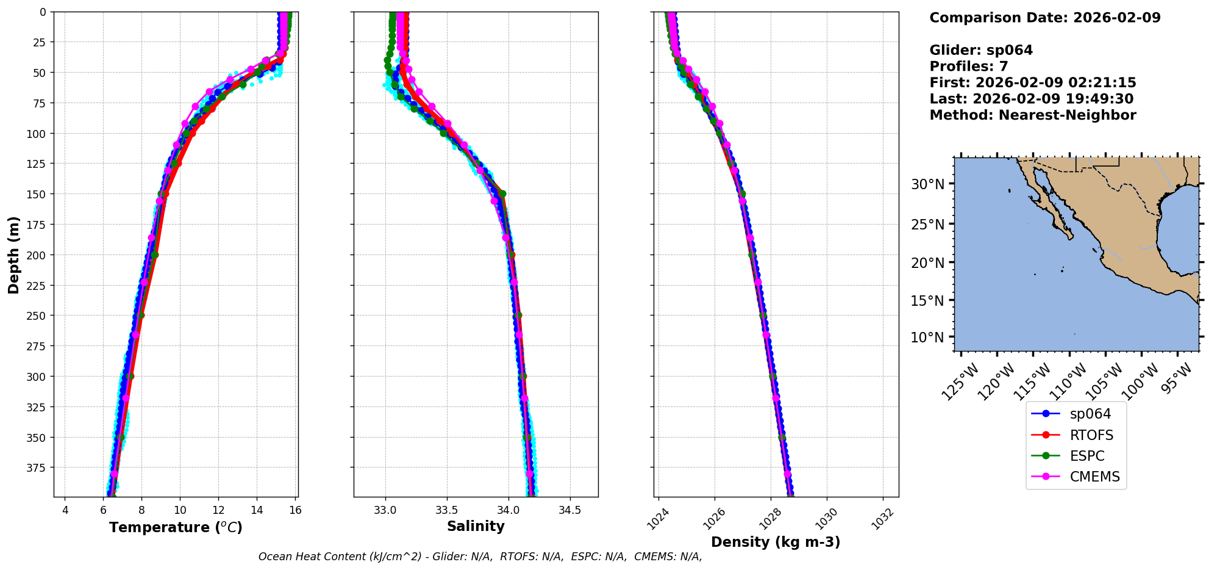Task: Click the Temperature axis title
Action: click(176, 527)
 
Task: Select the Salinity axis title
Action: click(476, 526)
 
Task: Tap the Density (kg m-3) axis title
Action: click(776, 542)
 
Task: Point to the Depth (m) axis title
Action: click(14, 254)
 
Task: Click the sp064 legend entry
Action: click(1090, 414)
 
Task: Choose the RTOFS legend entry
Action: click(1091, 435)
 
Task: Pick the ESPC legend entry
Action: click(1087, 456)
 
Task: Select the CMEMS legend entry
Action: click(1094, 477)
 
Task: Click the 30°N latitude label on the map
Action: click(927, 184)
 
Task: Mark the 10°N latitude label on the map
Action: click(927, 337)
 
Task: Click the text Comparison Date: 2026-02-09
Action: click(1044, 18)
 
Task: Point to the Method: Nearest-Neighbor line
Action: click(1032, 115)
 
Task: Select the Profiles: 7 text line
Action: click(968, 67)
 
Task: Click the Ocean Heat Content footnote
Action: click(480, 557)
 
